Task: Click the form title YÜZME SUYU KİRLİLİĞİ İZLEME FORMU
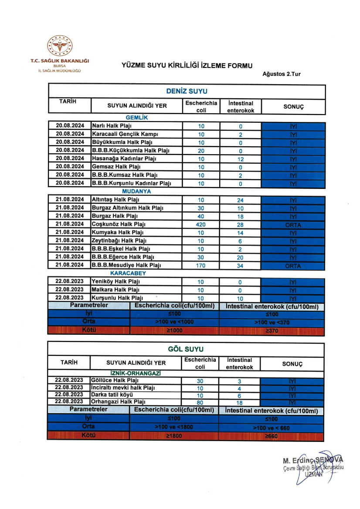pyautogui.click(x=187, y=66)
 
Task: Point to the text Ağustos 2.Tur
pyautogui.click(x=281, y=74)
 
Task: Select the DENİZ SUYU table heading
pyautogui.click(x=187, y=91)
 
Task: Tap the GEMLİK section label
pyautogui.click(x=137, y=118)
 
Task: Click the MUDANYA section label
pyautogui.click(x=137, y=191)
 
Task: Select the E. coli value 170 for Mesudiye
pyautogui.click(x=201, y=265)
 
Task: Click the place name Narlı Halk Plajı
pyautogui.click(x=112, y=126)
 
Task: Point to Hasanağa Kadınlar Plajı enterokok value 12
pyautogui.click(x=240, y=159)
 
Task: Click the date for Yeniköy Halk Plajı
pyautogui.click(x=70, y=282)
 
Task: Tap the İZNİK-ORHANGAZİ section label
pyautogui.click(x=136, y=374)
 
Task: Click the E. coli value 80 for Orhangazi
pyautogui.click(x=200, y=403)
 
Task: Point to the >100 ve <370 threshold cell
pyautogui.click(x=271, y=323)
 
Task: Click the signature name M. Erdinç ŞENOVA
pyautogui.click(x=313, y=460)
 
